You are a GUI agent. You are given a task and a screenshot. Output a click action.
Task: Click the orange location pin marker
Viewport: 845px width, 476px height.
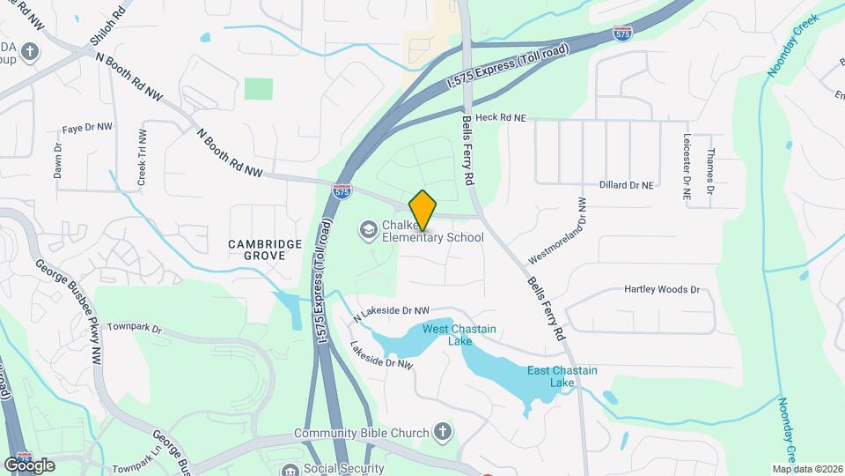423,209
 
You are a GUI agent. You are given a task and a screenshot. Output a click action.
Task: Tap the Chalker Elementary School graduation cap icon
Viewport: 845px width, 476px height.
367,230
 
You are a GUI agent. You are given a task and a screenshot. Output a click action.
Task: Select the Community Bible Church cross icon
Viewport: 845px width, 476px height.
443,433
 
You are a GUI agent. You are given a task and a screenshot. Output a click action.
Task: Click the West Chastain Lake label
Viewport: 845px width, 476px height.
459,335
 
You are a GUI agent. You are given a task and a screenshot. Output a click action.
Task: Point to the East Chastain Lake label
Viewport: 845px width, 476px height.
562,376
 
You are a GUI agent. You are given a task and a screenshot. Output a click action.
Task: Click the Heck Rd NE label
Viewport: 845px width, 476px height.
500,117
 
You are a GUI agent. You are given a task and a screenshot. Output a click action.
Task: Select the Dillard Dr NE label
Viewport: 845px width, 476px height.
627,185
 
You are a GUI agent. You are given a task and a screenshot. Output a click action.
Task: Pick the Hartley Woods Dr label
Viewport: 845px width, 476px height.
661,289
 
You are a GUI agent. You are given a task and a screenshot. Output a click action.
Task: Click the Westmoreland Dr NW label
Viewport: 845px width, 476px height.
557,231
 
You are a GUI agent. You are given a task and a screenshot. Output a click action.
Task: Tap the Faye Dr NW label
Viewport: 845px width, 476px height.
87,128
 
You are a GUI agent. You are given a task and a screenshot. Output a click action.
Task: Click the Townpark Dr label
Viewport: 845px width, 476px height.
136,328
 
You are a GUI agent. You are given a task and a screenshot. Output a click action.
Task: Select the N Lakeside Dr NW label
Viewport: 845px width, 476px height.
391,311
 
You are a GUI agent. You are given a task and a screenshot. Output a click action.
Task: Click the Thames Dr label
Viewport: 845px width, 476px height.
709,170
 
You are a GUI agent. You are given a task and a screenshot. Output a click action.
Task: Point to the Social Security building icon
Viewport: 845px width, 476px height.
290,468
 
